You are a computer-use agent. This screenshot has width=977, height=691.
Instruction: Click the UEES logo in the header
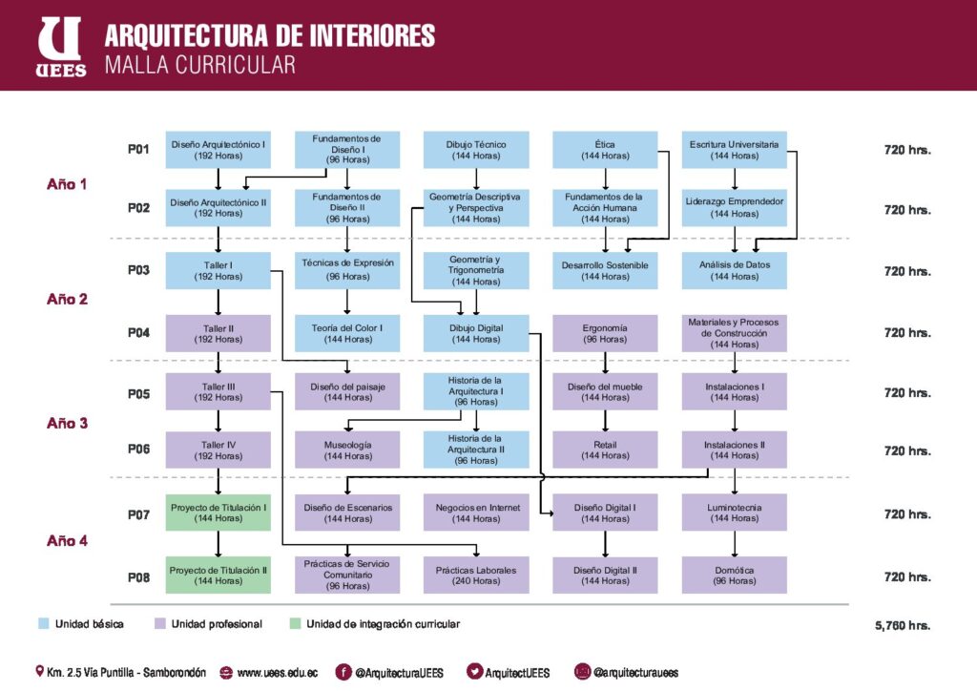click(x=60, y=47)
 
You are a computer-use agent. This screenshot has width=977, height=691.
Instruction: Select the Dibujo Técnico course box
click(x=476, y=150)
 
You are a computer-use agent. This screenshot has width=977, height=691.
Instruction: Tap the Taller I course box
click(x=218, y=270)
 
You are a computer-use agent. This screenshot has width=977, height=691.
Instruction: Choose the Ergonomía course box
click(x=605, y=333)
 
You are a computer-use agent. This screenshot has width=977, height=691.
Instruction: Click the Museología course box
click(x=347, y=450)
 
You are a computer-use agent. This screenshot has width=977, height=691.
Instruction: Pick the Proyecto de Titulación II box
click(x=218, y=576)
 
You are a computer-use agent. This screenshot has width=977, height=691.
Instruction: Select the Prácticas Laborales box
click(x=476, y=576)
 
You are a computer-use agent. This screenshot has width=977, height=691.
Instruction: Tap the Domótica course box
click(x=735, y=576)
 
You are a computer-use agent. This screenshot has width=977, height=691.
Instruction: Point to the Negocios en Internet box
click(x=476, y=513)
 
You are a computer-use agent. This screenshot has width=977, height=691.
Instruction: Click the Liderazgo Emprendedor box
click(x=735, y=207)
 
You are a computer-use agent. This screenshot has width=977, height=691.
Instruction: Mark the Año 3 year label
click(x=68, y=423)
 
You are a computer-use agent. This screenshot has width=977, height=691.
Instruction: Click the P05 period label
click(x=138, y=394)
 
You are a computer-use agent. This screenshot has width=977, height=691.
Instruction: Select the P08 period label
click(x=138, y=577)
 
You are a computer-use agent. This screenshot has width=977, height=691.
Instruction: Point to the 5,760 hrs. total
click(x=903, y=625)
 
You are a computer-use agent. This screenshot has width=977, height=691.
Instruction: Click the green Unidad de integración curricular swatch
click(x=296, y=623)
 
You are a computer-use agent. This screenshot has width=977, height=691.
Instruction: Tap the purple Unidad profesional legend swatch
click(x=160, y=623)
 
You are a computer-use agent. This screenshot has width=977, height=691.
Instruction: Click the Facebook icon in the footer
click(x=343, y=672)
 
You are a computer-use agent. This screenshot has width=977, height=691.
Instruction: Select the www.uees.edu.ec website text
click(x=278, y=673)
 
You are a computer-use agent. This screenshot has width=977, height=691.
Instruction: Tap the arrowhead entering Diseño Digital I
click(x=550, y=513)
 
